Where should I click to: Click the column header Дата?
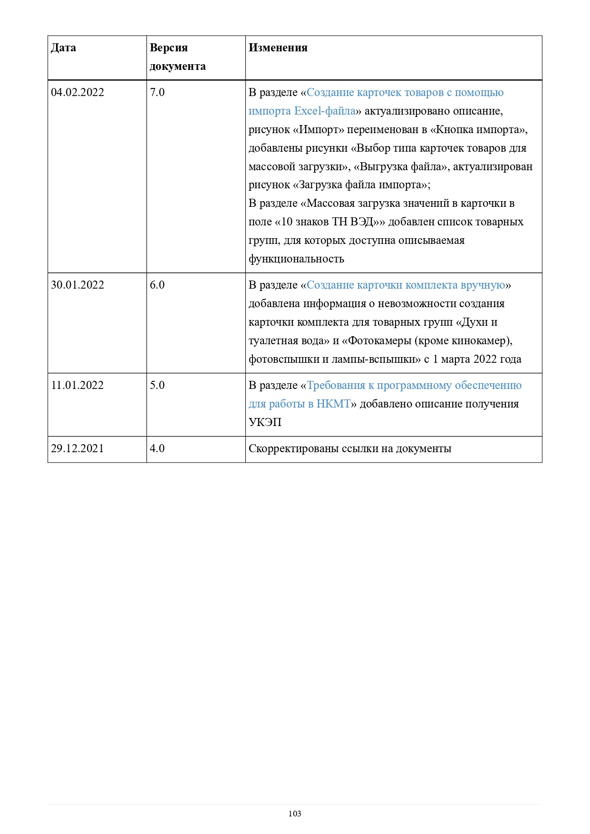[63, 48]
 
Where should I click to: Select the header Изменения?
[278, 48]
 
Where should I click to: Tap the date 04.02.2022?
[77, 92]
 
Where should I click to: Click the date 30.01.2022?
[77, 285]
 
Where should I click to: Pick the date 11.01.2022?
[77, 385]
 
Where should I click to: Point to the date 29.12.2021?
[77, 448]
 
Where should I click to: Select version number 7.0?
[157, 92]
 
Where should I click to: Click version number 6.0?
[157, 285]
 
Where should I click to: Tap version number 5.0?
[157, 385]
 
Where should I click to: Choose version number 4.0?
[157, 448]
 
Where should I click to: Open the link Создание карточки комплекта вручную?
[406, 285]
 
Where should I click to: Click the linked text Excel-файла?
[325, 111]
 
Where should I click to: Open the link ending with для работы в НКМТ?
[300, 404]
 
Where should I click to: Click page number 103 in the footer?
[295, 814]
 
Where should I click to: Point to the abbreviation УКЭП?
[265, 422]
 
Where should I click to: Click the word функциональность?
[296, 259]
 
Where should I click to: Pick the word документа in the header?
[178, 66]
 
